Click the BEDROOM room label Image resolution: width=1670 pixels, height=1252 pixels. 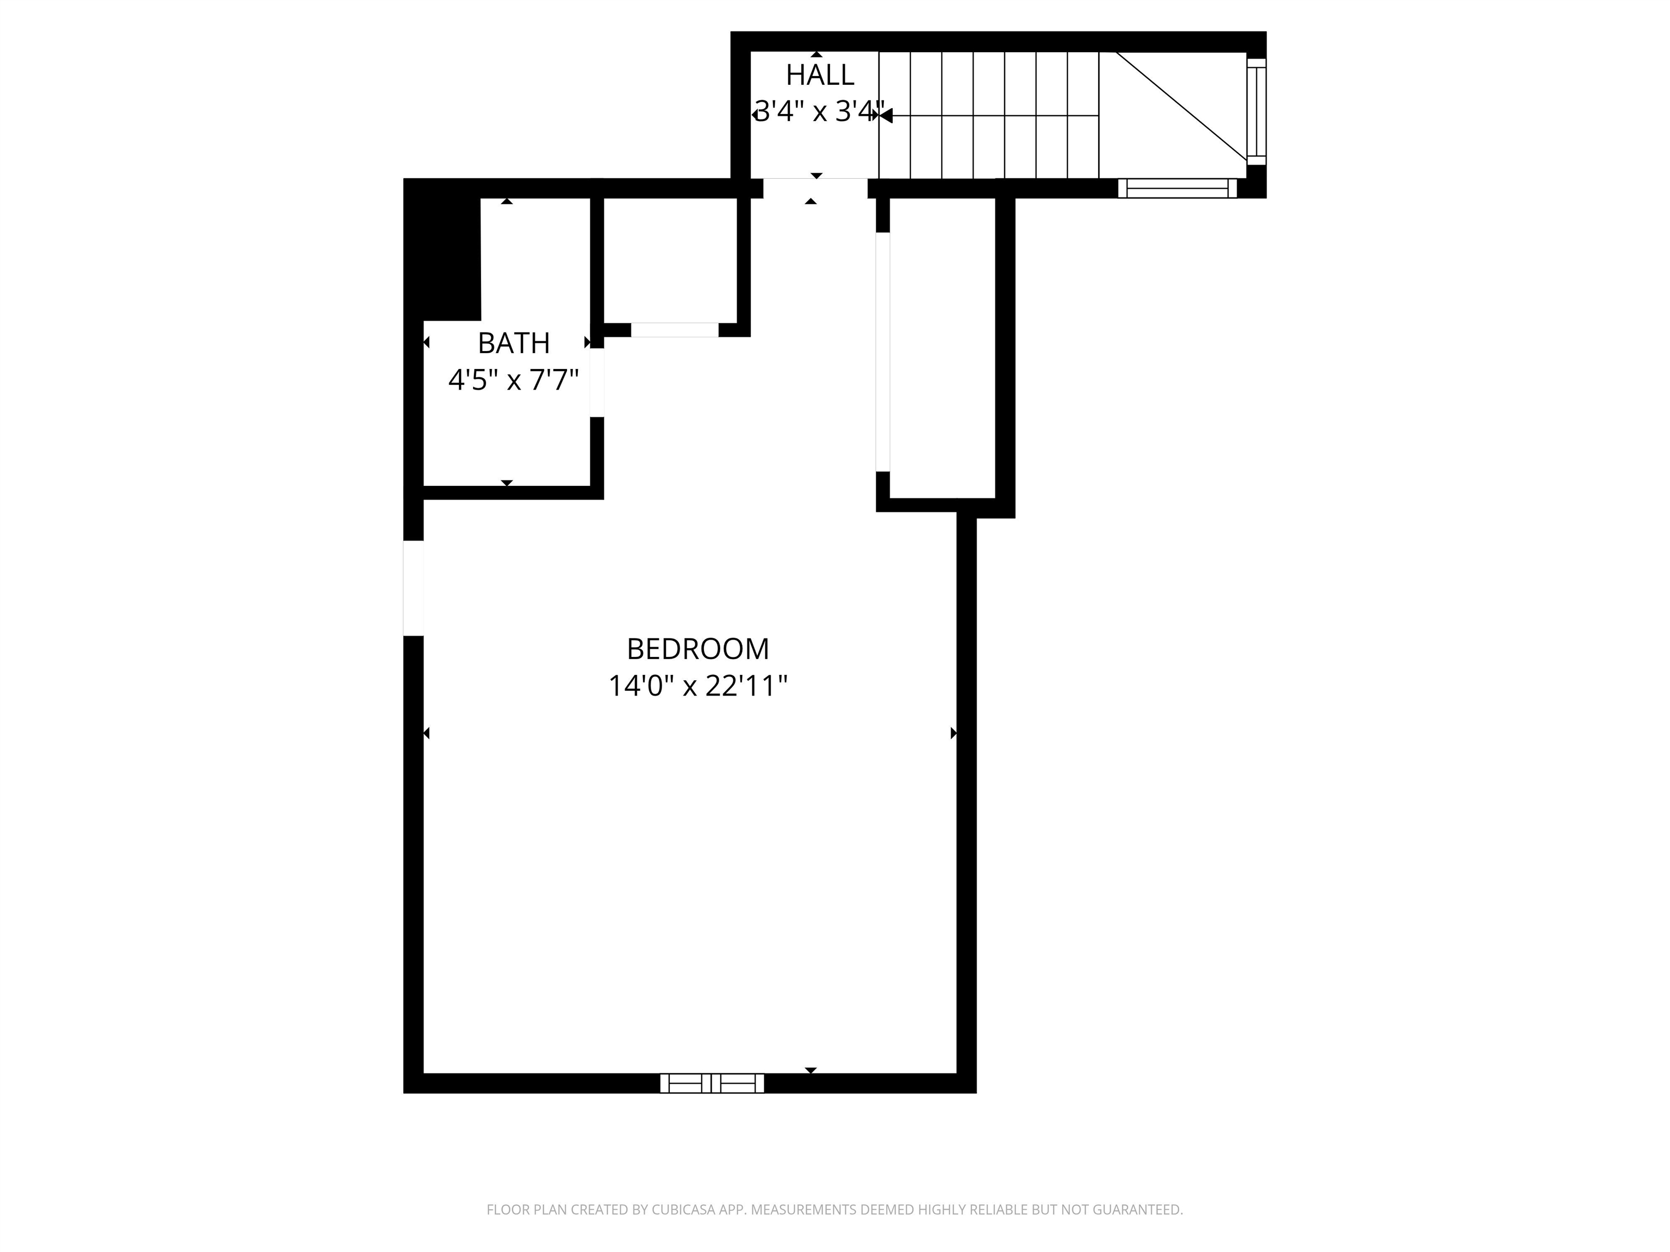click(x=697, y=649)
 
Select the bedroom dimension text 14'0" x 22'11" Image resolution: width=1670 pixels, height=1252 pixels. click(x=697, y=686)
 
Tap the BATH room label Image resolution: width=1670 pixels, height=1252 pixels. click(x=513, y=343)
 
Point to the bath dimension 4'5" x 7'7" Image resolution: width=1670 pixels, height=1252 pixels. click(x=513, y=380)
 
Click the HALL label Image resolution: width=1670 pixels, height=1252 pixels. click(x=820, y=74)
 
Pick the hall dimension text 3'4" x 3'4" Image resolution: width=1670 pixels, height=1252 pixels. click(x=820, y=112)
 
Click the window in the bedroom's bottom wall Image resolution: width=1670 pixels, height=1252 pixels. click(x=712, y=1083)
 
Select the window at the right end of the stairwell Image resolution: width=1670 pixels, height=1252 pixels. click(x=1256, y=112)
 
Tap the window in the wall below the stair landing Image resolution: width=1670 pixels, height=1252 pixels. click(x=1177, y=188)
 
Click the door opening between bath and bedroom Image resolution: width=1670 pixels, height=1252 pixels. click(x=596, y=383)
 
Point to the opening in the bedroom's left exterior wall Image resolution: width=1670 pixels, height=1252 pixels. click(x=413, y=588)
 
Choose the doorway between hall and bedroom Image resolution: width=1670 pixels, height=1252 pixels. click(x=815, y=188)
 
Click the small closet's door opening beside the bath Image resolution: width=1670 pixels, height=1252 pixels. click(x=674, y=330)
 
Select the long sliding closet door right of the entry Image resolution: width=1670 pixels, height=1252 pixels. click(x=882, y=352)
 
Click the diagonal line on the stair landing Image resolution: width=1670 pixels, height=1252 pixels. click(x=1181, y=105)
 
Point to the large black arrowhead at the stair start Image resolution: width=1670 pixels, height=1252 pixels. click(x=886, y=115)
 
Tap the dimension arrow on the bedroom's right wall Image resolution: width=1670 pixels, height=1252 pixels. click(x=954, y=733)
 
